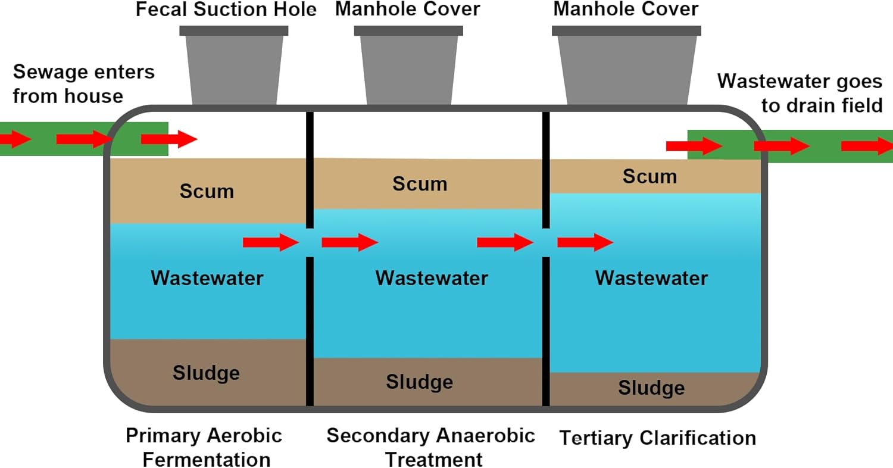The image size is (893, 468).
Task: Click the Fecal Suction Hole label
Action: pyautogui.click(x=226, y=10)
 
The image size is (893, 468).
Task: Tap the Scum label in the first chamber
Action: pyautogui.click(x=207, y=192)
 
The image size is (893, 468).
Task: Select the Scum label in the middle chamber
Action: pyautogui.click(x=419, y=184)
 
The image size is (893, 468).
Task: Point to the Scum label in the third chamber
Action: pyautogui.click(x=650, y=177)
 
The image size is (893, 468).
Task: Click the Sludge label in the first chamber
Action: pyautogui.click(x=206, y=373)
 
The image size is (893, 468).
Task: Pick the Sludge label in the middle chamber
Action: pyautogui.click(x=419, y=382)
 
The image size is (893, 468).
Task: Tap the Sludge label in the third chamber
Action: pyautogui.click(x=651, y=388)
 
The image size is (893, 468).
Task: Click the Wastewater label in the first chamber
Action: pyautogui.click(x=207, y=278)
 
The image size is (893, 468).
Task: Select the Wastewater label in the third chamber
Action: pyautogui.click(x=651, y=278)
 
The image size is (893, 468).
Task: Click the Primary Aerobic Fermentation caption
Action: pyautogui.click(x=204, y=447)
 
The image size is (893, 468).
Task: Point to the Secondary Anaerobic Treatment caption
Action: pyautogui.click(x=431, y=447)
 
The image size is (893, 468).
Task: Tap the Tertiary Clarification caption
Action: pyautogui.click(x=657, y=439)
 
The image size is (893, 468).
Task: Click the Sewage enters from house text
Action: pyautogui.click(x=83, y=84)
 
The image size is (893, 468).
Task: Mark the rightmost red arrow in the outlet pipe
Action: pyautogui.click(x=866, y=145)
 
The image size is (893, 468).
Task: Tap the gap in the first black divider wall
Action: pyautogui.click(x=310, y=242)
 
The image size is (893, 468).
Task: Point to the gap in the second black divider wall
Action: pyautogui.click(x=545, y=242)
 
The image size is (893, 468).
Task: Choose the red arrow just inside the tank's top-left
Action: pyautogui.click(x=168, y=140)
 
